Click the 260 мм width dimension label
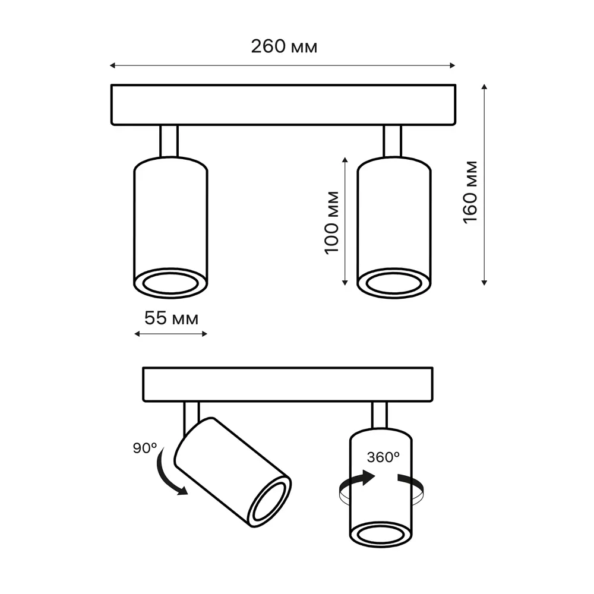coord(283,47)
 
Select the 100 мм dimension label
coord(332,221)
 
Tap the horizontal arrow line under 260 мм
coord(283,65)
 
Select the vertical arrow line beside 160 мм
coord(485,184)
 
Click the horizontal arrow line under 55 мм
coord(171,334)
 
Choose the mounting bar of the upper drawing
coord(284,105)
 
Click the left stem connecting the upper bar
coord(169,140)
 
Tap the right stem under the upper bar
coord(392,140)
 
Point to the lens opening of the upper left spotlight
coord(171,284)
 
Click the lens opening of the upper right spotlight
coord(394,283)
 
